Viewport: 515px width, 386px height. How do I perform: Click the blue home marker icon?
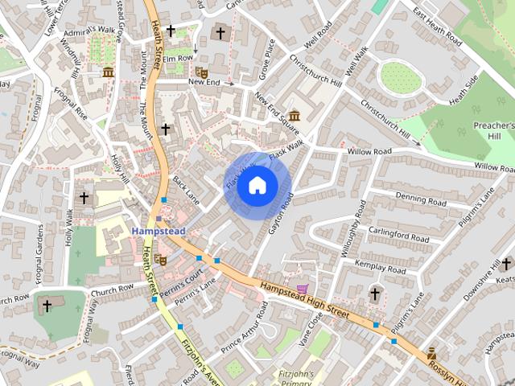[257, 186]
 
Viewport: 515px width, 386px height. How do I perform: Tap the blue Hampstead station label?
[158, 231]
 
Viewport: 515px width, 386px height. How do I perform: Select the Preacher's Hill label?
[493, 132]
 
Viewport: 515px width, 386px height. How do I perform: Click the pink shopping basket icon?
[303, 289]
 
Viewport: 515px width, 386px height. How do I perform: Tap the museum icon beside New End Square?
[294, 115]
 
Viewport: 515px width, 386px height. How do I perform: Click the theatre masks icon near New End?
[201, 72]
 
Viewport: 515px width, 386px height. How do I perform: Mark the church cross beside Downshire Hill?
[506, 264]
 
